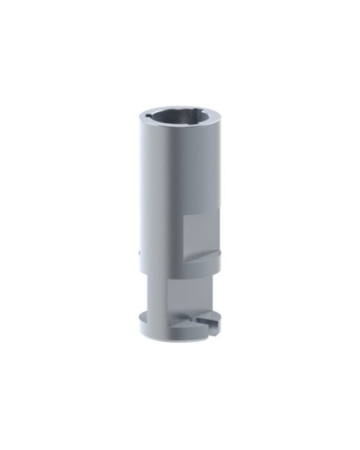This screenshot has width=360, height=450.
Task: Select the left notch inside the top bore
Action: coord(150,116)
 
